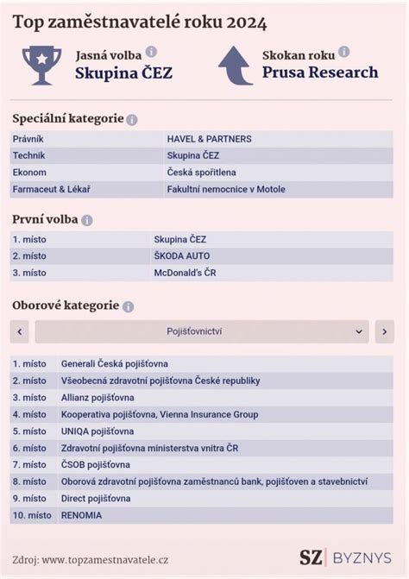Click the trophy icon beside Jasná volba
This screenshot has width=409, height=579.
[41, 65]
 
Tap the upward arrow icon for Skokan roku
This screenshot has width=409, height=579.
[235, 65]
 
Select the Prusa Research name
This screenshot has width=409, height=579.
[320, 72]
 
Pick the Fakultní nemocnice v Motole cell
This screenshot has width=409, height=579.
[225, 189]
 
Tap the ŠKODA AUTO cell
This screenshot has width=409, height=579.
[181, 255]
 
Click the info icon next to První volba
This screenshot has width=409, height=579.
[87, 220]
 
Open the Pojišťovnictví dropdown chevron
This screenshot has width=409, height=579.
[359, 331]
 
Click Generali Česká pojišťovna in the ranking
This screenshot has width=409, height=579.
[114, 364]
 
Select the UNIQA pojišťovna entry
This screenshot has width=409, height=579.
[97, 431]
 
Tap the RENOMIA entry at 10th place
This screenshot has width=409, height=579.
[80, 515]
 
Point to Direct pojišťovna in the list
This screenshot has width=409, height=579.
[95, 498]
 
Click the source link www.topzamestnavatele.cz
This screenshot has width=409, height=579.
[105, 559]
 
